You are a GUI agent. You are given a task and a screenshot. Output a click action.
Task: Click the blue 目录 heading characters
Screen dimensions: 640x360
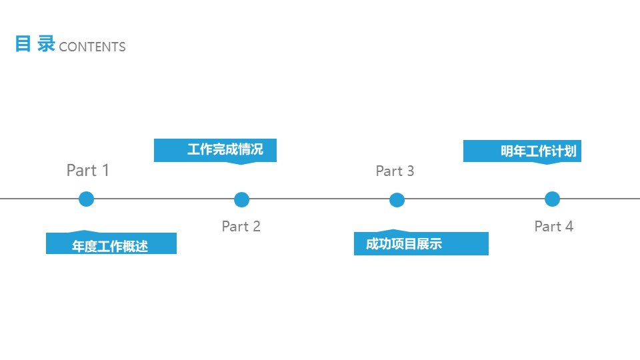tap(35, 44)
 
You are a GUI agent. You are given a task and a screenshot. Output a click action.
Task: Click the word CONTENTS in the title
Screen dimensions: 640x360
tap(92, 47)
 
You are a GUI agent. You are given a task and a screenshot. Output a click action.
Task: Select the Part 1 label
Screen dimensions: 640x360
tap(88, 170)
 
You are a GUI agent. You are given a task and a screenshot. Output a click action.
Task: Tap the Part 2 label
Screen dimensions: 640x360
tap(241, 226)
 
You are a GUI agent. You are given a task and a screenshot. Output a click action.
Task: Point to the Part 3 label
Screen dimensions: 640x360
tap(395, 171)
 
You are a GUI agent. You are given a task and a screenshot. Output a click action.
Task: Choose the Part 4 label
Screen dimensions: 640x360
tap(554, 226)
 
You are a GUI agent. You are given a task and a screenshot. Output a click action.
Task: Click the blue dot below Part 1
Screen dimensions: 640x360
tap(86, 199)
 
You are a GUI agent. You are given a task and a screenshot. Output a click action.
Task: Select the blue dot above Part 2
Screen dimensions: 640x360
tap(241, 199)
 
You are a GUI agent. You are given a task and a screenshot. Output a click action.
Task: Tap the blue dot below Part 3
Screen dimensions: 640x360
tap(397, 200)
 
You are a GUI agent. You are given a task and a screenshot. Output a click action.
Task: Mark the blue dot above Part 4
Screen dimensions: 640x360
tap(552, 199)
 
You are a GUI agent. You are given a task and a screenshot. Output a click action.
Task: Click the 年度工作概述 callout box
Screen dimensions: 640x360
tap(111, 243)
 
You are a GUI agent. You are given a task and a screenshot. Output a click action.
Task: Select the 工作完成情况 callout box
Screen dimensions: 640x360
tap(215, 151)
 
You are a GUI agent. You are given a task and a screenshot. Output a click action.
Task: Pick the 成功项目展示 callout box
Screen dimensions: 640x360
tap(421, 243)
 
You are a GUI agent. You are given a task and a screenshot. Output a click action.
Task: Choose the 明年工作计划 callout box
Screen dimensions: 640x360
tap(522, 152)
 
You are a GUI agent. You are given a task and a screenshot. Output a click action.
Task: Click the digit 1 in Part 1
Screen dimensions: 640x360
tap(105, 170)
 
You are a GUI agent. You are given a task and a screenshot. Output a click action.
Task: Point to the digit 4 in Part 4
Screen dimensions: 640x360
tap(569, 226)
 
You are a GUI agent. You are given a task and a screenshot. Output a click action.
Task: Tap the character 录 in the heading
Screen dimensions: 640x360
tap(46, 44)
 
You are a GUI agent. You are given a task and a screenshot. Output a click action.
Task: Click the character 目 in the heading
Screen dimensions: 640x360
tap(23, 44)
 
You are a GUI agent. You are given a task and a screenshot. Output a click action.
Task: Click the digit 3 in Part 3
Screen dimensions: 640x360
tap(410, 171)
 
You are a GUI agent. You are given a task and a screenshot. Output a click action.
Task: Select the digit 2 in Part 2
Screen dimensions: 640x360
tap(256, 226)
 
